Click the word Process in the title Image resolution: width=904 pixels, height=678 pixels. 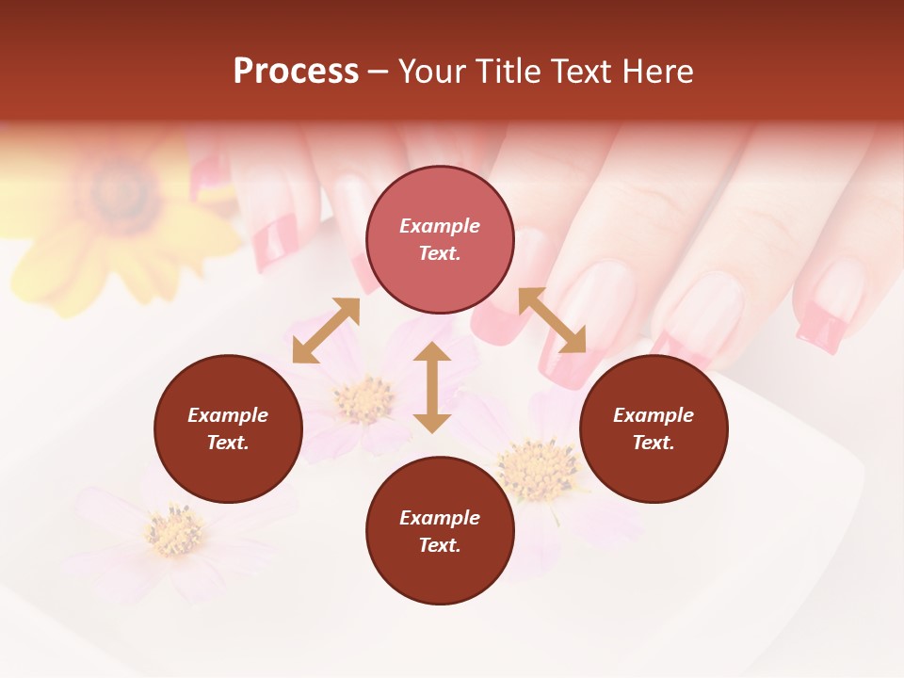tap(296, 72)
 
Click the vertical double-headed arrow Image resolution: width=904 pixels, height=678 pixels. tap(432, 387)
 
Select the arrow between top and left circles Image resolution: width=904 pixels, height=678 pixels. tap(326, 331)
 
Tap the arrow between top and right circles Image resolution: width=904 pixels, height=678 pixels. tap(552, 320)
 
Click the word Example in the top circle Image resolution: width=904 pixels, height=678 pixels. tap(440, 226)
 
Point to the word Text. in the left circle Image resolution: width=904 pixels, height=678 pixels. tap(228, 443)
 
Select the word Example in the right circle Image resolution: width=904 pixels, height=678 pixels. tap(654, 415)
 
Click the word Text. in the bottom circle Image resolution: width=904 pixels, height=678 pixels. tap(440, 545)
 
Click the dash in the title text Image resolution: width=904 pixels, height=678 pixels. tap(378, 73)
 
